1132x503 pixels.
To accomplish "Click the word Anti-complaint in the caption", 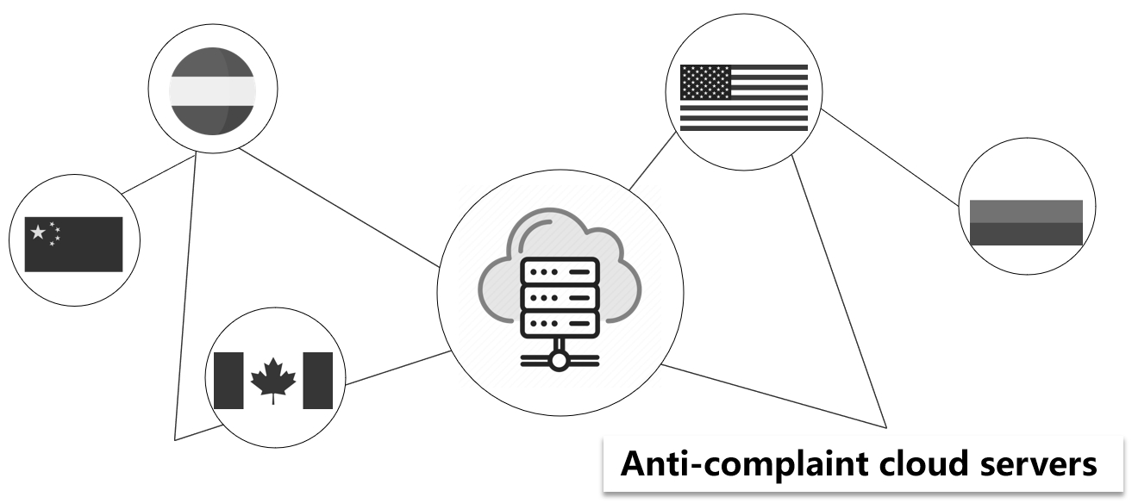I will [716, 465].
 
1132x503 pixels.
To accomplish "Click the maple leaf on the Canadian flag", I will [272, 379].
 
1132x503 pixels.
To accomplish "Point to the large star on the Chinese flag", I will [38, 233].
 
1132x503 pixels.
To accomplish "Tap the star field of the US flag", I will [705, 82].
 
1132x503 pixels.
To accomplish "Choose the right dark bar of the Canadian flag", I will [317, 380].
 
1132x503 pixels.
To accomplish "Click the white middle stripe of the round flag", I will [212, 89].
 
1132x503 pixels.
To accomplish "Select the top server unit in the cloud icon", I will [560, 272].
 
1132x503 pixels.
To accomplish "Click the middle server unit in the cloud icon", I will [560, 299].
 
